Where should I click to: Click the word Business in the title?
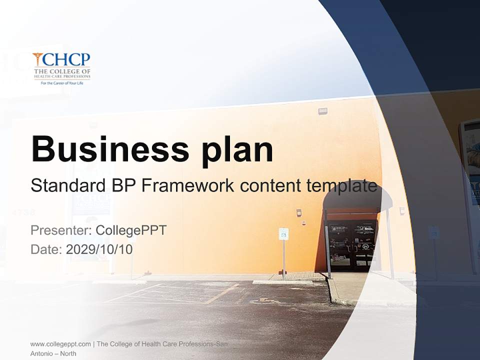(x=109, y=148)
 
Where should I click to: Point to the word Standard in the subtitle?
(x=68, y=185)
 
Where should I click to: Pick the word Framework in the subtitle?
(x=188, y=185)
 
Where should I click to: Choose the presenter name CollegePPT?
(x=131, y=230)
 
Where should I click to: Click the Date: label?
(x=47, y=249)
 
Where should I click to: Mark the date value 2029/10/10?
(x=99, y=249)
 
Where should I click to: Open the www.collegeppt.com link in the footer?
(x=60, y=344)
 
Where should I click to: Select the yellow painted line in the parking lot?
(x=222, y=293)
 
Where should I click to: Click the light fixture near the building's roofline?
(x=322, y=111)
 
